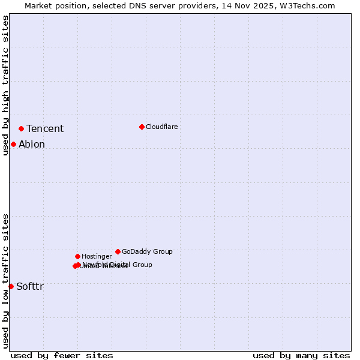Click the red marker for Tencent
point(21,128)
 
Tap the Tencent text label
point(45,129)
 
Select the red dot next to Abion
point(13,144)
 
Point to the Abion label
point(32,145)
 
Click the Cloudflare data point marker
point(142,127)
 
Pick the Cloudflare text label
point(162,127)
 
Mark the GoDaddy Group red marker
point(118,251)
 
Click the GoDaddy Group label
point(147,252)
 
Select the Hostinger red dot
point(77,256)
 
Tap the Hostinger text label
point(97,257)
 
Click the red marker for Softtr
point(11,286)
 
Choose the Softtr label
point(30,287)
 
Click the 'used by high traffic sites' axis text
point(6,85)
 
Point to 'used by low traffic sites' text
point(6,281)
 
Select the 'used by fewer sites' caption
point(62,355)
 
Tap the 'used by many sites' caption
point(301,355)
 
